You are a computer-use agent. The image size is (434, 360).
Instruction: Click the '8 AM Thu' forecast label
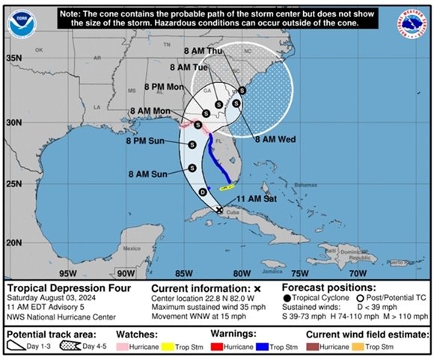[x=204, y=52]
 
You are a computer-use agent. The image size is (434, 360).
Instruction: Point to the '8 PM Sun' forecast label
[x=146, y=140]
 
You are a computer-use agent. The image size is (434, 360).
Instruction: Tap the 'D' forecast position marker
[x=201, y=192]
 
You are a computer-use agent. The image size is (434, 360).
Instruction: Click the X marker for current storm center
[x=218, y=210]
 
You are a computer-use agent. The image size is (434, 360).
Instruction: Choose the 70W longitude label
[x=358, y=272]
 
